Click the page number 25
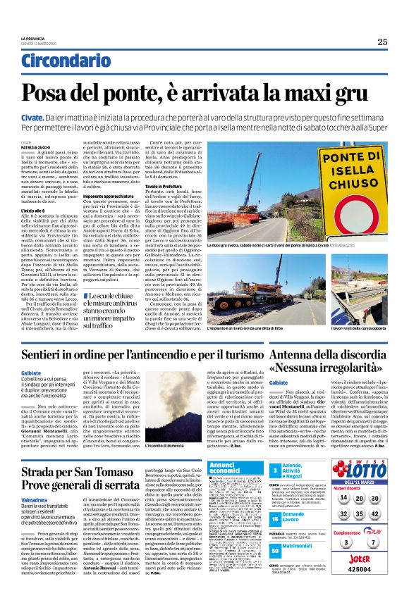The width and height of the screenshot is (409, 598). point(381,42)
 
